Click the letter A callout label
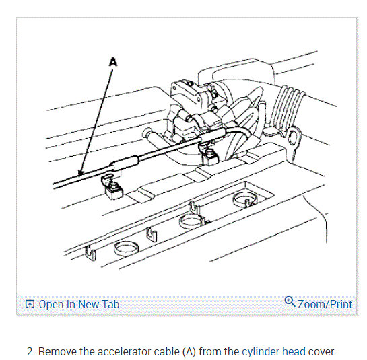point(112,61)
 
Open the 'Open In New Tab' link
point(79,304)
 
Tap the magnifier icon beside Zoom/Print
point(290,302)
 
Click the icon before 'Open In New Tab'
point(30,304)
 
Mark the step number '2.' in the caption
point(30,351)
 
